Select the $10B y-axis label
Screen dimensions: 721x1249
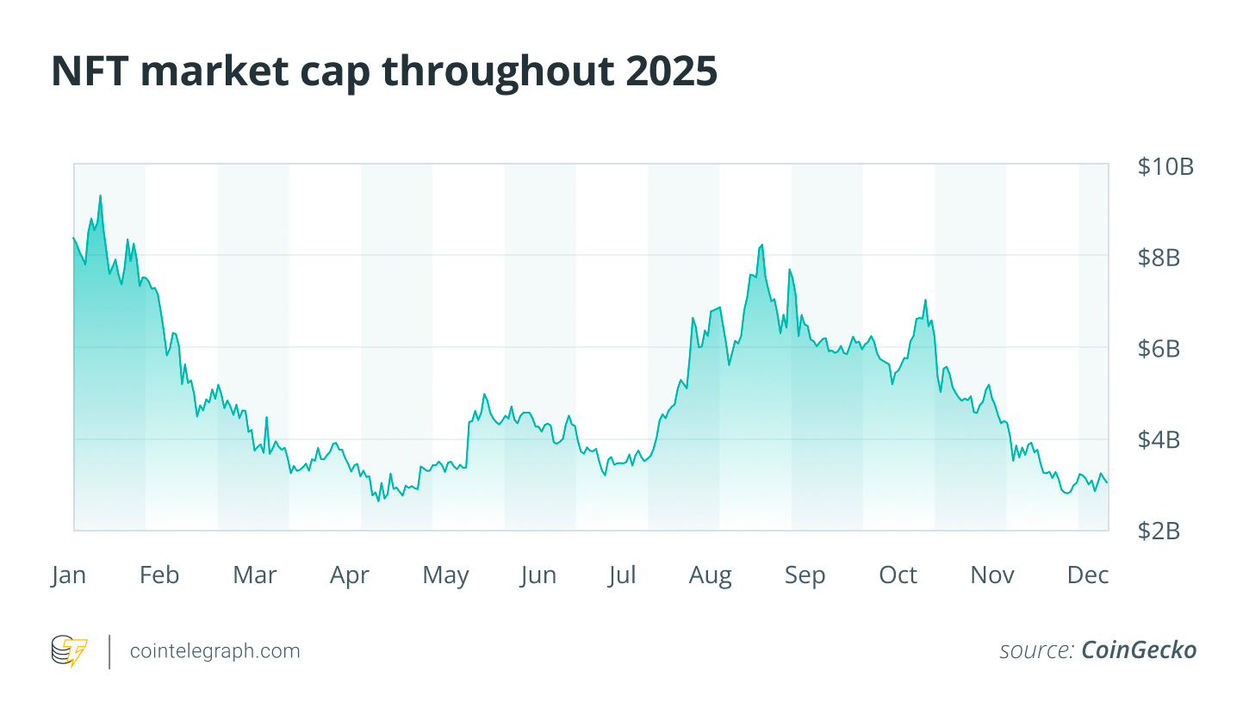(1165, 167)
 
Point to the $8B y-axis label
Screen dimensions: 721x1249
(1159, 258)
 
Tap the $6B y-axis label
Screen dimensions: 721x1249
(1159, 349)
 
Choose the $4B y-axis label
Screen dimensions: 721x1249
(1159, 440)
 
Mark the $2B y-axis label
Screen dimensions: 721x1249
(1159, 531)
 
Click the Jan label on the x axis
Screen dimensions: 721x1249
(68, 575)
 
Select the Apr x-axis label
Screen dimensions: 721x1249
(349, 575)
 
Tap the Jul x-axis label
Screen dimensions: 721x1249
(621, 575)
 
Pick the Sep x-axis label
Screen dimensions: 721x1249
(805, 575)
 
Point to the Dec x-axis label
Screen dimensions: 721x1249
(1088, 575)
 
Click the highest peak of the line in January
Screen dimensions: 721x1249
(100, 196)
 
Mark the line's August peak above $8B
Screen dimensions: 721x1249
(761, 246)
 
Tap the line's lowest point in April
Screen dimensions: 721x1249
(378, 500)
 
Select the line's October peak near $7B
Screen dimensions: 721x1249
(925, 300)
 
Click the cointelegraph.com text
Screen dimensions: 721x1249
(214, 651)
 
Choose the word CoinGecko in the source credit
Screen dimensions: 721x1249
(1139, 650)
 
